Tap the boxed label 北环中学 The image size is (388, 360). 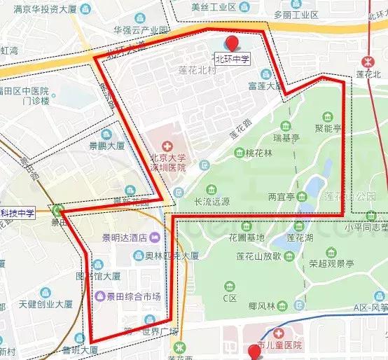232,60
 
